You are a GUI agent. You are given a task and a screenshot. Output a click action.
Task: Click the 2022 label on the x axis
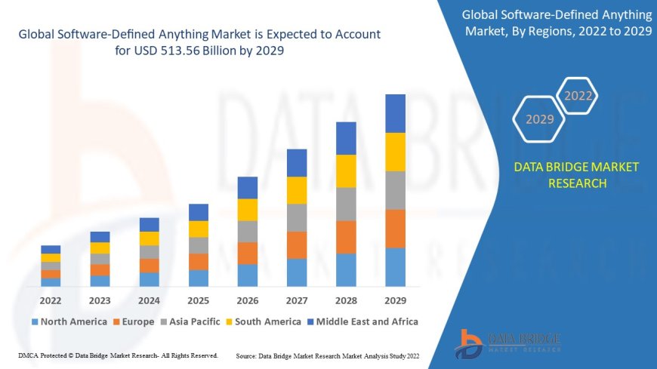51,300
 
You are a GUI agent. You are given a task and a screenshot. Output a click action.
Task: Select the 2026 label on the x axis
248,300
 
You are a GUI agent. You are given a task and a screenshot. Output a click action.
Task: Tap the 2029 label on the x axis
395,300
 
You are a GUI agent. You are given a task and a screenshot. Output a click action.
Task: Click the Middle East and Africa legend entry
362,321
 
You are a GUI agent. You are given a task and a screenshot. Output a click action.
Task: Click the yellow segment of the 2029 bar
395,152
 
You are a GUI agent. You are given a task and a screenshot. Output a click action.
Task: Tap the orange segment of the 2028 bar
346,237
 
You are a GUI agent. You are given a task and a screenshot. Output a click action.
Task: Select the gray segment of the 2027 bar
297,217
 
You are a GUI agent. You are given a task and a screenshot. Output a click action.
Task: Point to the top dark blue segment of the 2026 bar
248,188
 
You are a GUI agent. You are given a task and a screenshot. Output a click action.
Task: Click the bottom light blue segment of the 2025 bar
199,278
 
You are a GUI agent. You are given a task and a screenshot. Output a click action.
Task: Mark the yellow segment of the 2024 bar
150,238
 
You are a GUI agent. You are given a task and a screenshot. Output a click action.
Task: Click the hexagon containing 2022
578,96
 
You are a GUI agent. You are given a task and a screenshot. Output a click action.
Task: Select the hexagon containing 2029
539,119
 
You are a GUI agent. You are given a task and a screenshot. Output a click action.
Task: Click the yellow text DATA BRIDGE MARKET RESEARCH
576,175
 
